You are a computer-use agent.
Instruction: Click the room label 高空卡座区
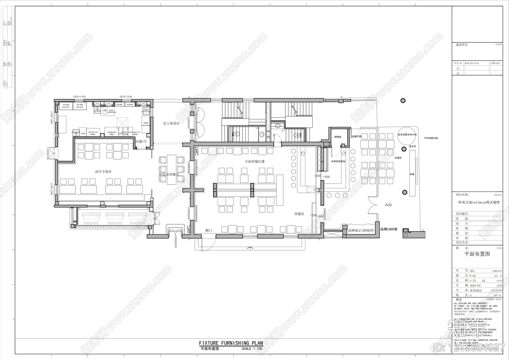click(103, 172)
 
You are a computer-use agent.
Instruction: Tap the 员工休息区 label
click(171, 123)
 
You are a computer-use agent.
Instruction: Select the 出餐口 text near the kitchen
click(140, 142)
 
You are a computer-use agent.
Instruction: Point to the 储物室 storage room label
click(338, 137)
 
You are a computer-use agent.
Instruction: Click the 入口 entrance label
click(388, 205)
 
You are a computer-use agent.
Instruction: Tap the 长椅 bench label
click(412, 174)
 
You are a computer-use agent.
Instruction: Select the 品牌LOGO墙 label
click(389, 229)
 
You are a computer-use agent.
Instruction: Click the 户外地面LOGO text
click(431, 138)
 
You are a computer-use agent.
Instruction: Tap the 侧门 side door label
click(209, 230)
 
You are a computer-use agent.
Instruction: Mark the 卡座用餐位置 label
click(254, 161)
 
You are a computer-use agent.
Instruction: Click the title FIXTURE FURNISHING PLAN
click(231, 343)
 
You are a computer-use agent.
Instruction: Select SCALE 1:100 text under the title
click(252, 349)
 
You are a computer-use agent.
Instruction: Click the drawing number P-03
click(473, 276)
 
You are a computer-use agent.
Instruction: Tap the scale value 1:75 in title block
click(473, 281)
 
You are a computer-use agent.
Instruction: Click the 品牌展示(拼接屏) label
click(361, 230)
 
